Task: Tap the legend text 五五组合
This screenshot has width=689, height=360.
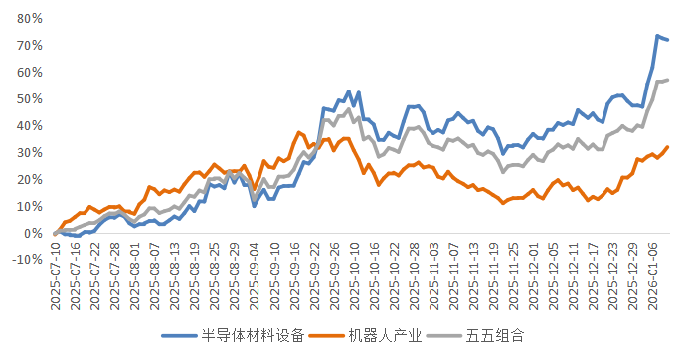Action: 493,335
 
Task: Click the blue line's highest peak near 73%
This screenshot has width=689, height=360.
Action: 657,36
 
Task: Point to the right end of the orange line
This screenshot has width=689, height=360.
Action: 667,147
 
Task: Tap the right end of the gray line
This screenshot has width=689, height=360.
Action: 667,80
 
